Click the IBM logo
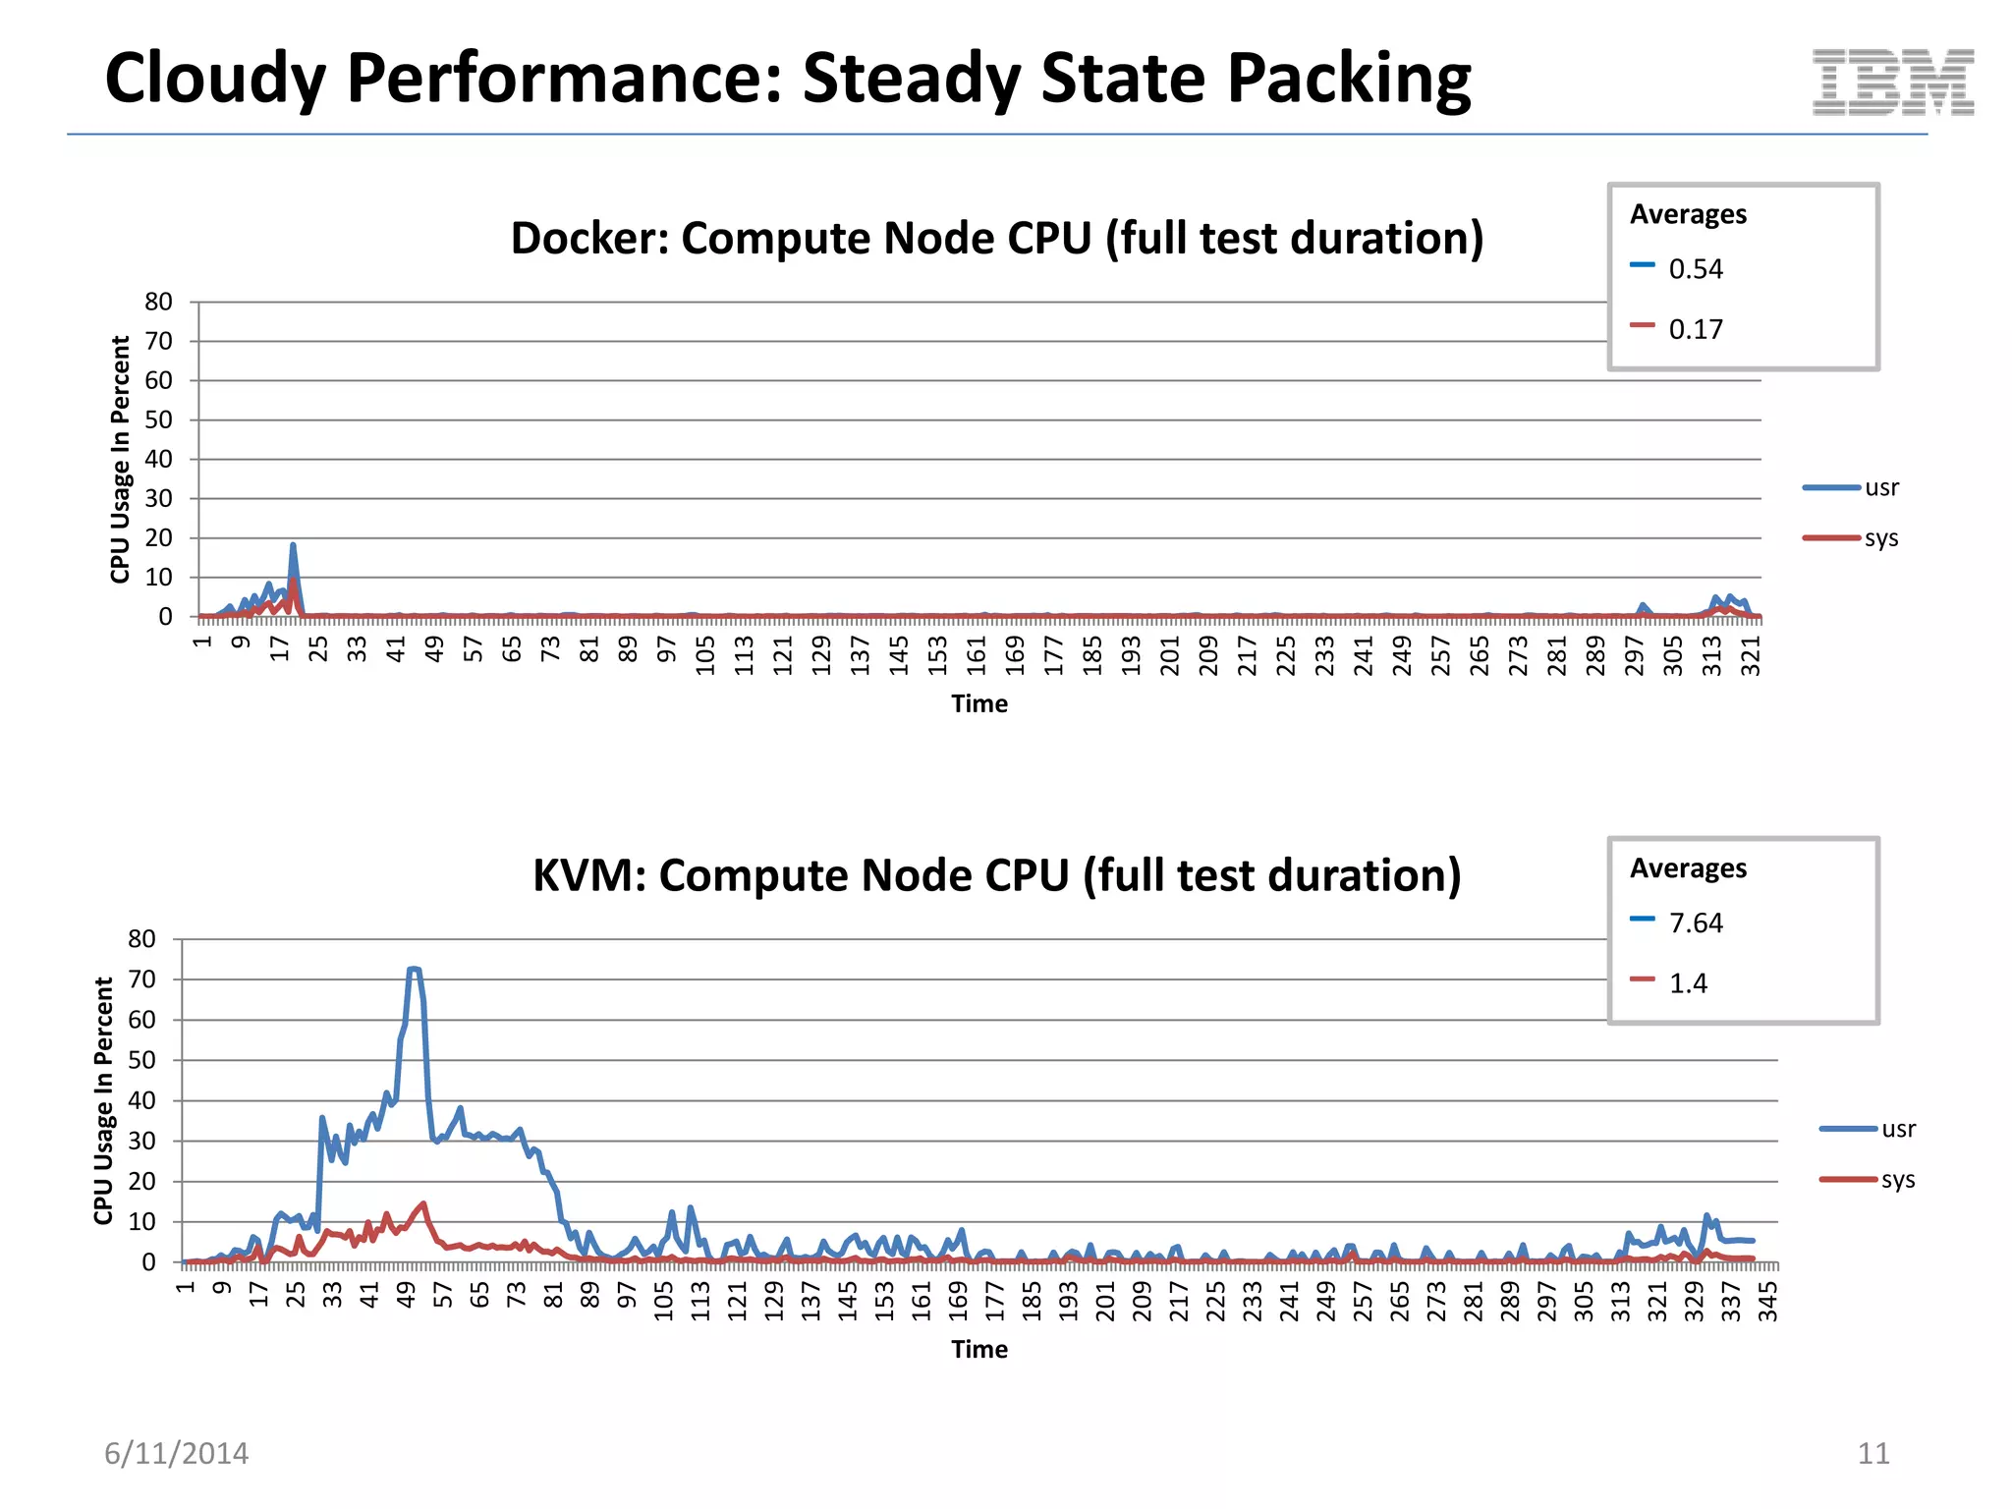1892,83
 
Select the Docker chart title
996,239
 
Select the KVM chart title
996,875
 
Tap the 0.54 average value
1696,269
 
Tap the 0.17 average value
1696,329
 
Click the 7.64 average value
1696,923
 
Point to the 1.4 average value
1688,983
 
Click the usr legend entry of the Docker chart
1880,487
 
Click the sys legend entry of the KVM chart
1897,1179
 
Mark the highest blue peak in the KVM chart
414,970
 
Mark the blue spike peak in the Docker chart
293,545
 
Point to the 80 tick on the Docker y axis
158,302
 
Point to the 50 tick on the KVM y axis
141,1060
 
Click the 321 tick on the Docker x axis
1751,655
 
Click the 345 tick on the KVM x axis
1767,1301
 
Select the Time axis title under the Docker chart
978,703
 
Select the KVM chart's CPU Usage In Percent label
104,1100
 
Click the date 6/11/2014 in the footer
177,1453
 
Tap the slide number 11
1872,1453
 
